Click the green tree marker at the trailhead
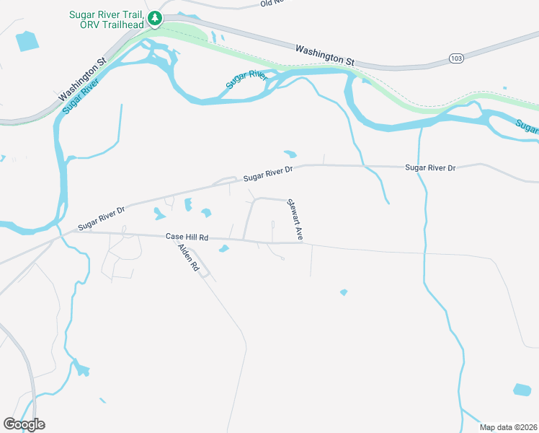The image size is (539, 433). point(153,17)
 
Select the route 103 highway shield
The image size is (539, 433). point(455,58)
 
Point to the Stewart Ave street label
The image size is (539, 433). point(295,220)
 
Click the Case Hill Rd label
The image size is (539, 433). point(187,237)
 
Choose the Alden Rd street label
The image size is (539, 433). point(188,256)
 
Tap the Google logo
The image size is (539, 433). point(24,424)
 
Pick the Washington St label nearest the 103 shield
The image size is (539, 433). point(325,56)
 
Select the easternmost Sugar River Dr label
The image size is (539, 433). point(430,167)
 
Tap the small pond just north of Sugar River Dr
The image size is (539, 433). point(290,154)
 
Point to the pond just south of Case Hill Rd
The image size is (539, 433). point(223,249)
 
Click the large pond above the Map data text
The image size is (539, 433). point(522,390)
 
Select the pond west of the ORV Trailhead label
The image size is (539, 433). point(27,41)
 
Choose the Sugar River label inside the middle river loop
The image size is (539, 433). point(246,79)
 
